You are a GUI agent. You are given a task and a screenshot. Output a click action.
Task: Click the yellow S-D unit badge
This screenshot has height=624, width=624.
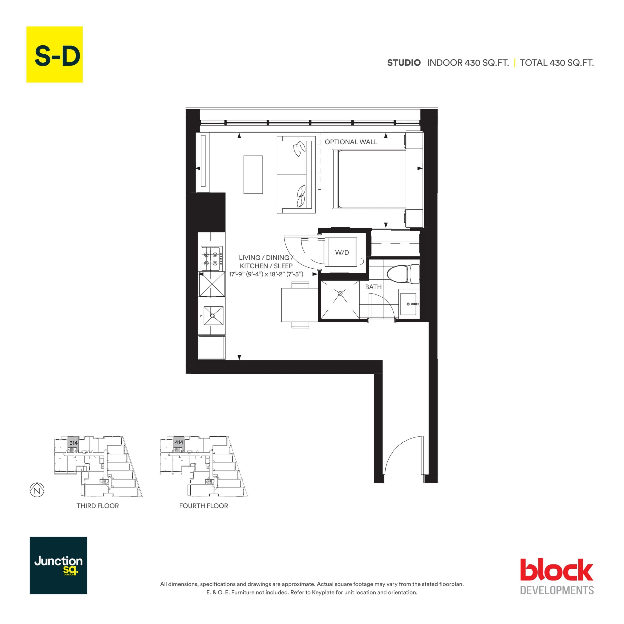tap(54, 54)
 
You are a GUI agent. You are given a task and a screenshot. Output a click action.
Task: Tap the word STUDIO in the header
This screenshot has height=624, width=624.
tap(404, 63)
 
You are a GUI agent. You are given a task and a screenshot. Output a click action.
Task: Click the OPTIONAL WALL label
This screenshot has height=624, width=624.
tap(351, 142)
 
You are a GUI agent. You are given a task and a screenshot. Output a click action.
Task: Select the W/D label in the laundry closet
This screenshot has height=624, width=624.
tap(342, 252)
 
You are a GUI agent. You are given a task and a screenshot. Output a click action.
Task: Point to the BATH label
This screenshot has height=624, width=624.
tap(373, 287)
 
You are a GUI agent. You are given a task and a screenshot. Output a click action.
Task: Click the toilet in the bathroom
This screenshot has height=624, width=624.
tap(402, 273)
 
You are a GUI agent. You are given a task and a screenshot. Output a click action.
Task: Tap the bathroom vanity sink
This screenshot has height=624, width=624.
tap(408, 304)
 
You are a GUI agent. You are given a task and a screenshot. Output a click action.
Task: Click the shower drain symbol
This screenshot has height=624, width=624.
tap(340, 293)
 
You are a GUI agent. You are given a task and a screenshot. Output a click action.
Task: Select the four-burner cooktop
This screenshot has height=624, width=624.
tap(212, 258)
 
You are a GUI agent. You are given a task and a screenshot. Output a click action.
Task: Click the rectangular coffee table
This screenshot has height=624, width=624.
tap(253, 175)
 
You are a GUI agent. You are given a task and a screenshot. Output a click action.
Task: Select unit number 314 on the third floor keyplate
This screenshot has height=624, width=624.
tap(73, 443)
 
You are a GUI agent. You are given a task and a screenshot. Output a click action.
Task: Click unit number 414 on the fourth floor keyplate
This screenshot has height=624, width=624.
tap(179, 442)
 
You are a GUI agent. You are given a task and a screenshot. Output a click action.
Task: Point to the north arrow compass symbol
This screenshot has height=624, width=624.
tap(37, 490)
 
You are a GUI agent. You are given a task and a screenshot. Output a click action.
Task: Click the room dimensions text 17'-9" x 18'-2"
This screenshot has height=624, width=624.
tap(266, 274)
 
